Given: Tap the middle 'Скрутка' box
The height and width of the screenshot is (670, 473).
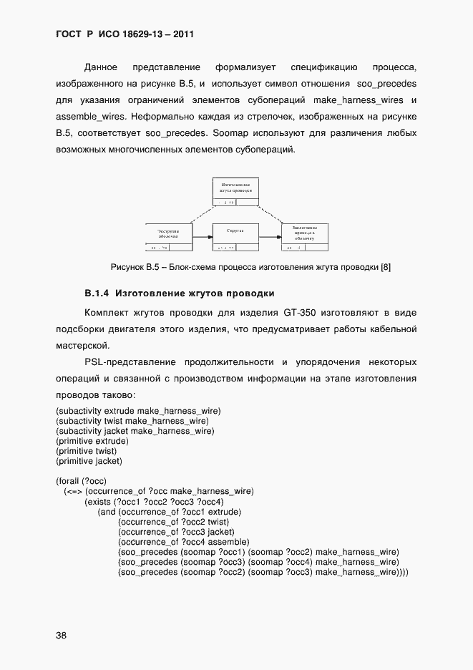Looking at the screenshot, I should coord(236,233).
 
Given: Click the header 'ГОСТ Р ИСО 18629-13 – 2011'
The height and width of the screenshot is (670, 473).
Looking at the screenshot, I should coord(125,34).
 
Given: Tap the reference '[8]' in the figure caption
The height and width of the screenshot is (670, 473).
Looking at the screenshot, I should coord(385,267).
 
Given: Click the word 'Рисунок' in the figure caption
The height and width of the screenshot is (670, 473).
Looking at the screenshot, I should coord(127,267).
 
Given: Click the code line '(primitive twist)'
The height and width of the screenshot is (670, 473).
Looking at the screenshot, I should coord(86,451).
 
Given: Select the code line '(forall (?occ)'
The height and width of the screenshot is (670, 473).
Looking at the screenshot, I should coord(81,480).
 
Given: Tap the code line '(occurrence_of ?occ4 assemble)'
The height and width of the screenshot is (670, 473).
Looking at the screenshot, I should coord(182,542).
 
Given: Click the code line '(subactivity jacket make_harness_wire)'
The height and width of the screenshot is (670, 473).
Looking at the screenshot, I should coord(135,431).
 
